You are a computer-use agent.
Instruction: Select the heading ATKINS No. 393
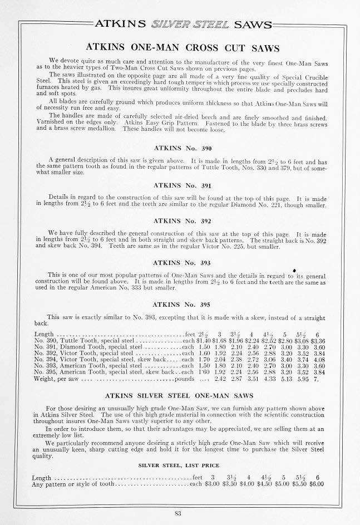(180, 262)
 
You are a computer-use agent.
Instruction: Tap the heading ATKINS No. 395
(180, 305)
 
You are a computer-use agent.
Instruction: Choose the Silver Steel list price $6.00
(317, 484)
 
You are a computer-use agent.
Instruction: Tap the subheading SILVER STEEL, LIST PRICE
(179, 465)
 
